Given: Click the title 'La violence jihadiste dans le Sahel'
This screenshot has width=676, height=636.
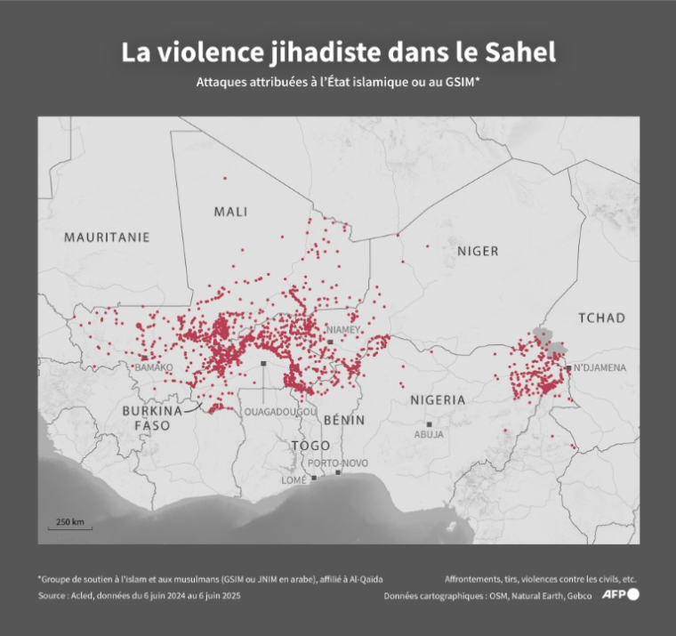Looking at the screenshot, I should point(338,52).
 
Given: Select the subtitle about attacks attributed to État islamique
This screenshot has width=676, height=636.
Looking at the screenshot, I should point(338,82).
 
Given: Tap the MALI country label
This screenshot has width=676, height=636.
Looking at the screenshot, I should point(230,212).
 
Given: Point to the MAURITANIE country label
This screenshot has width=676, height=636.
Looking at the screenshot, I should point(107,237).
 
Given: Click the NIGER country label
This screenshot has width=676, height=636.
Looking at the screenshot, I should point(478,251).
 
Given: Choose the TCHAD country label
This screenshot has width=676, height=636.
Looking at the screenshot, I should point(602,318).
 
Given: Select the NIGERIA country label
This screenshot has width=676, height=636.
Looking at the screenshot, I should point(437,400).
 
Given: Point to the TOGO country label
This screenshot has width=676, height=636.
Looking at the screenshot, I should point(310,445).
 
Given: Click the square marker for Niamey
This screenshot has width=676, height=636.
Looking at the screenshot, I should point(330,342).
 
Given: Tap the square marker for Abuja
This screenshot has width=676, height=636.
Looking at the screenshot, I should point(430,424).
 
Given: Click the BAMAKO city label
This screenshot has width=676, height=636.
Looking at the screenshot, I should point(154,366).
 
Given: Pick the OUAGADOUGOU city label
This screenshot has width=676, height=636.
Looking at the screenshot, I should point(280,412).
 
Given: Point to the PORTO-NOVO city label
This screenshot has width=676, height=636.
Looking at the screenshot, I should point(337,463).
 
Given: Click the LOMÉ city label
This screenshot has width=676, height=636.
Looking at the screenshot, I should point(294,479).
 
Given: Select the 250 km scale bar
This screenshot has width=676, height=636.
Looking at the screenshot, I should point(70,524).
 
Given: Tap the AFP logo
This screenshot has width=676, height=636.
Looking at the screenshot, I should point(620,595).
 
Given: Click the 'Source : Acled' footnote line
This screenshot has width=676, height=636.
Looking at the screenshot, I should point(139,596).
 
